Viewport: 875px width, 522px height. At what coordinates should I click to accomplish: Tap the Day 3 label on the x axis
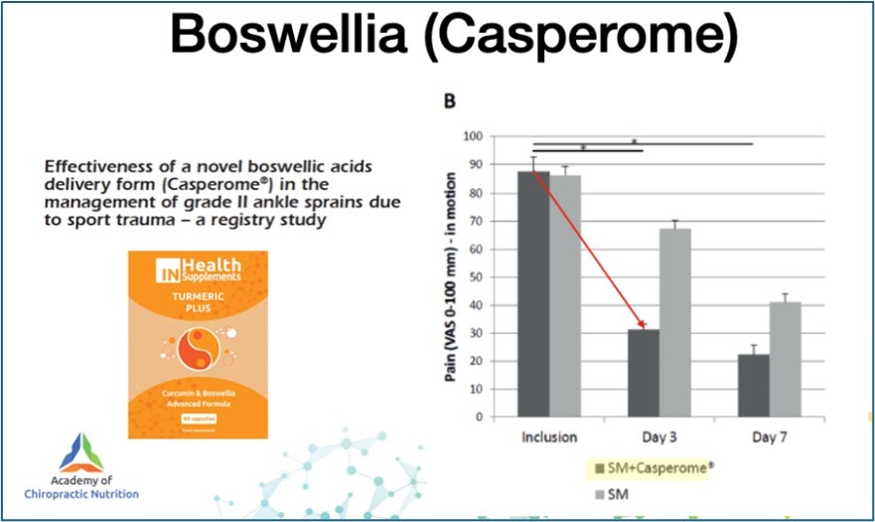(x=659, y=436)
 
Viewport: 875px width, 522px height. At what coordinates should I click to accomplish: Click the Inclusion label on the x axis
(x=549, y=436)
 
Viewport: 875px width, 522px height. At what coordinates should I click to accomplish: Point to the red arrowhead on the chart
(x=642, y=324)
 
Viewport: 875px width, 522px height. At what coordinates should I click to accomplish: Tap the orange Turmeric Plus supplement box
(x=198, y=344)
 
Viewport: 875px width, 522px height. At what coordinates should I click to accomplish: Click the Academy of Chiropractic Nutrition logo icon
(x=80, y=452)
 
